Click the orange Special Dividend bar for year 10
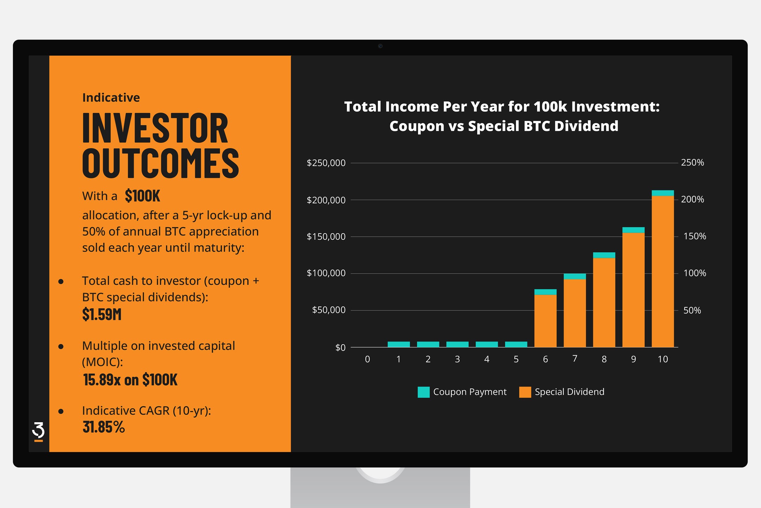coord(663,271)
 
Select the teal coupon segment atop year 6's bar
coord(545,292)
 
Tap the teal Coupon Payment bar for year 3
coord(457,344)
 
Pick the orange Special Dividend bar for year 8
coord(604,302)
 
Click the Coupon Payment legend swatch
coord(423,392)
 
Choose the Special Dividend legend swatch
coord(525,392)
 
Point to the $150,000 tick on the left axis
coord(326,237)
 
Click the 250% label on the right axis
coord(692,163)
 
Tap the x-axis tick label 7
coord(575,359)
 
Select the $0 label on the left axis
coord(340,348)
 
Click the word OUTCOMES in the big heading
coord(161,163)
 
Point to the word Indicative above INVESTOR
coord(111,98)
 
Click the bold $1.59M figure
coord(102,314)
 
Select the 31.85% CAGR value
coord(104,427)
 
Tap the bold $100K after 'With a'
coord(142,196)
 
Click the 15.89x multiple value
coord(102,380)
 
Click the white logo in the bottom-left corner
coord(38,431)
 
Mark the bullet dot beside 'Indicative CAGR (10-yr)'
coord(61,411)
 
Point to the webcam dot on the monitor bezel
coord(380,46)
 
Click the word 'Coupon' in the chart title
coord(417,126)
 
